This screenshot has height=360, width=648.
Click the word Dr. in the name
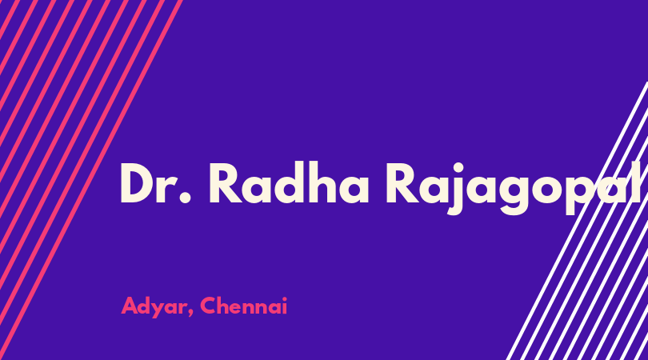155,182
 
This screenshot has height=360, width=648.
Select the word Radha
289,182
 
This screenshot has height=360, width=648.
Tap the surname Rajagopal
514,188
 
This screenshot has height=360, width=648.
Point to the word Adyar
154,306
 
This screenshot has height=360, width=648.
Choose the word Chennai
244,306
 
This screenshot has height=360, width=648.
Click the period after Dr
186,198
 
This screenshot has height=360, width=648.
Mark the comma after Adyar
190,314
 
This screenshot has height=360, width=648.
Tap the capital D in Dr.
137,183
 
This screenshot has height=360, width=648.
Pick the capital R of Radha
226,183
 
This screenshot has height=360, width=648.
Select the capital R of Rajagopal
402,183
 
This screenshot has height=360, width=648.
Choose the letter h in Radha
322,182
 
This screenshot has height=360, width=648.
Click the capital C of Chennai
210,306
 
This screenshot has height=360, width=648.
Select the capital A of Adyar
130,306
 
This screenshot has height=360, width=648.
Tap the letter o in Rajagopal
548,189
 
